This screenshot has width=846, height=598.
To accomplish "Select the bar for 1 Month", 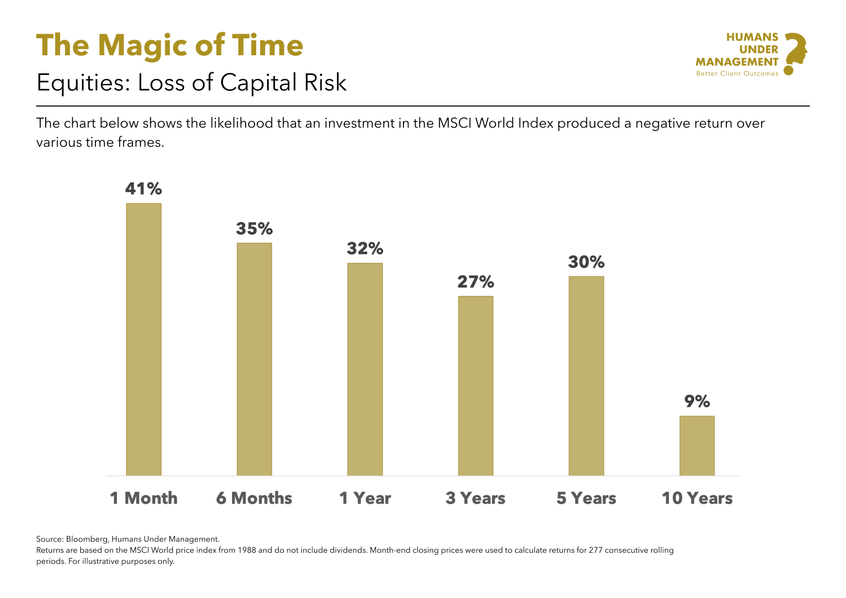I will (x=144, y=339).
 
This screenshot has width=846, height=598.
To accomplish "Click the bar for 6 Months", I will (x=254, y=359).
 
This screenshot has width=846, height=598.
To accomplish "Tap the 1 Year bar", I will (x=365, y=369).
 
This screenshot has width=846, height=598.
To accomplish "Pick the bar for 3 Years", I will (x=475, y=385).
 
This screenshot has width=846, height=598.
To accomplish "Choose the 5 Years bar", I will (x=586, y=375).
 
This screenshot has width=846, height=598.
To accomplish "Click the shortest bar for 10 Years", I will (x=697, y=445).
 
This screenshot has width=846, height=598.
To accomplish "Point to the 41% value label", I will (x=144, y=189).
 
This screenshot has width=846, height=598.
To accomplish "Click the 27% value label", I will (x=475, y=282).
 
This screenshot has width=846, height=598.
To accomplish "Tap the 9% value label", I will (x=697, y=402).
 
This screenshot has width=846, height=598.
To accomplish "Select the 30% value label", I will (x=586, y=262).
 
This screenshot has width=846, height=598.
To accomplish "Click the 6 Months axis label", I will (x=254, y=498).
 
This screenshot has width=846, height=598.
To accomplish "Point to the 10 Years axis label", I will (x=697, y=498).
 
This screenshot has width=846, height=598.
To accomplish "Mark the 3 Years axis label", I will (x=475, y=498).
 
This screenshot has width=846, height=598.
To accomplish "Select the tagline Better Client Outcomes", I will (x=737, y=74).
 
